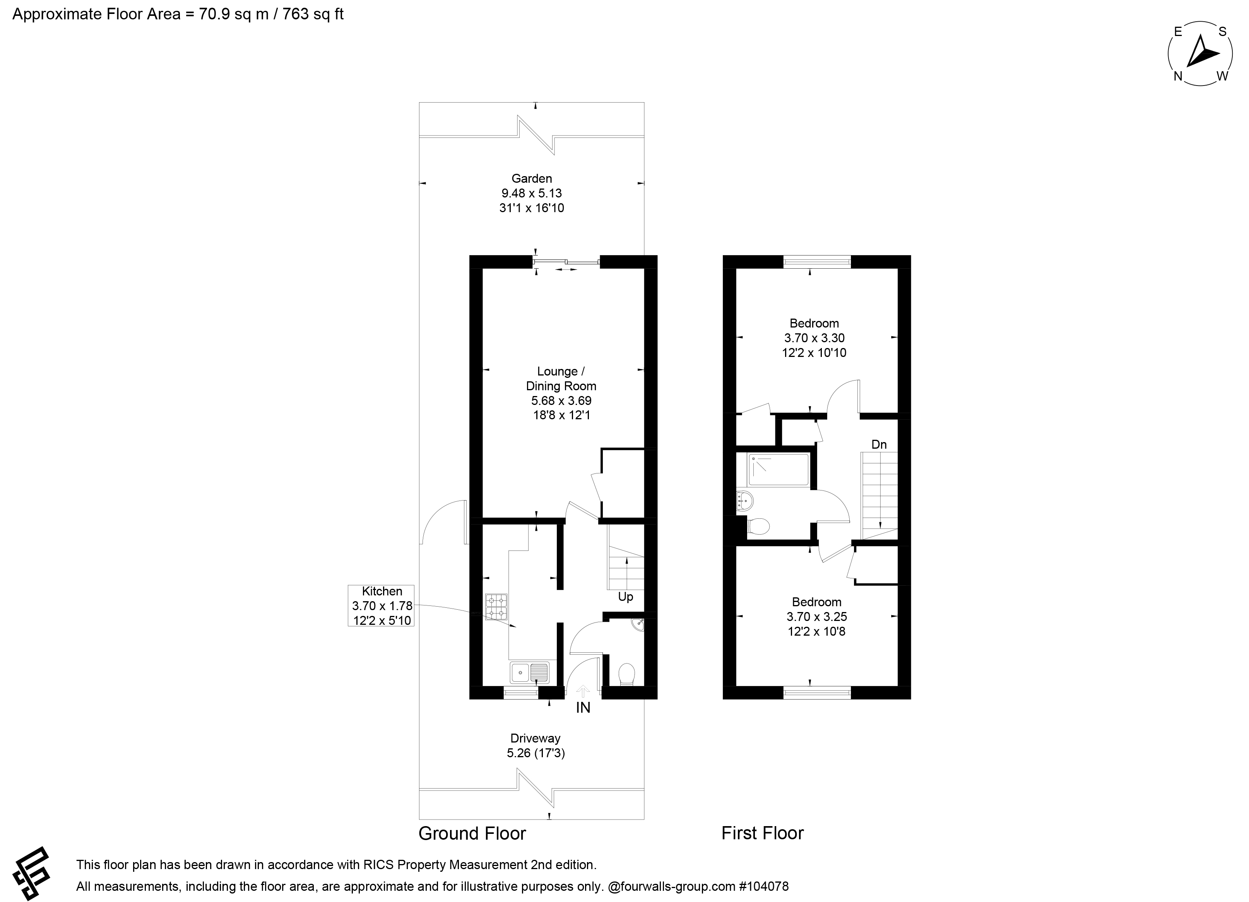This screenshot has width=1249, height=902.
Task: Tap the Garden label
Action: (531, 178)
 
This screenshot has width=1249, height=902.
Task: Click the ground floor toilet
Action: (627, 674)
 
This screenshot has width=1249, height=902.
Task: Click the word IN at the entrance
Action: (583, 708)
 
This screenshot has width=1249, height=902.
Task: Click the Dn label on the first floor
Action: (879, 444)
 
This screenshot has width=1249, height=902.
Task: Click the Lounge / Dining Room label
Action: (561, 379)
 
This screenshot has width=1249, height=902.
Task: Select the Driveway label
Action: (535, 738)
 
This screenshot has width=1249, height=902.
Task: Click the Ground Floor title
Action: (472, 833)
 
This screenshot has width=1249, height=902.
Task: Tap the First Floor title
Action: (762, 833)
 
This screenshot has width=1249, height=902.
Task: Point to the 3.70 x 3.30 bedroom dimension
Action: (814, 338)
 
